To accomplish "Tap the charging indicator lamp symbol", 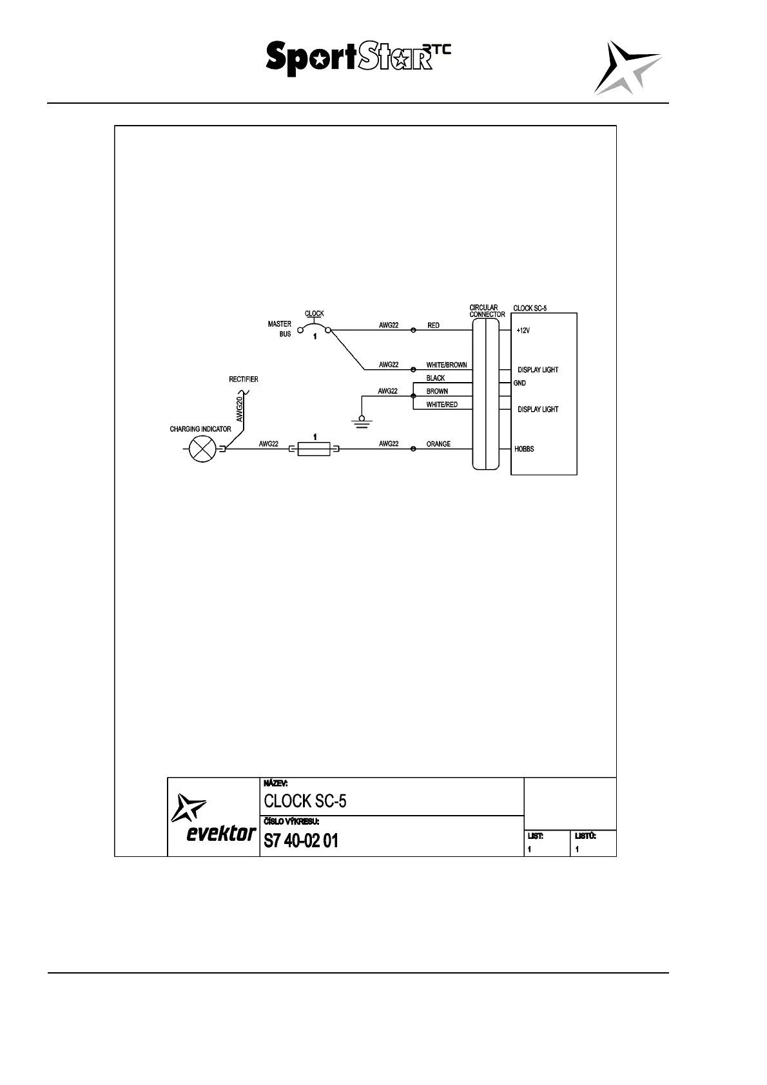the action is click(201, 448).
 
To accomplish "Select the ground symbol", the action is click(362, 422).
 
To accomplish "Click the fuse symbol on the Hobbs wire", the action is click(314, 448).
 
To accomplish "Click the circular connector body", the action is click(485, 393).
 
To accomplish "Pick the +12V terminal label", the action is click(523, 331).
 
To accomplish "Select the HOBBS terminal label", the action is click(524, 449).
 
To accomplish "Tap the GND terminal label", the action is click(519, 383).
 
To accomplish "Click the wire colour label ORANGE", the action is click(438, 444).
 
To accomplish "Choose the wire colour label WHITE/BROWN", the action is click(446, 365).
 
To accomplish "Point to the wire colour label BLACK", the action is click(436, 378).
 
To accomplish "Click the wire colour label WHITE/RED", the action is click(442, 405).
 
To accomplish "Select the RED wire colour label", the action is click(433, 325).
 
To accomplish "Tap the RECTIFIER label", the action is click(244, 379).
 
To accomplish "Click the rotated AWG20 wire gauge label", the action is click(239, 409).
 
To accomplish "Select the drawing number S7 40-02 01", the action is click(301, 841).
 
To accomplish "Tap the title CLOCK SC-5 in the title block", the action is click(305, 801).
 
